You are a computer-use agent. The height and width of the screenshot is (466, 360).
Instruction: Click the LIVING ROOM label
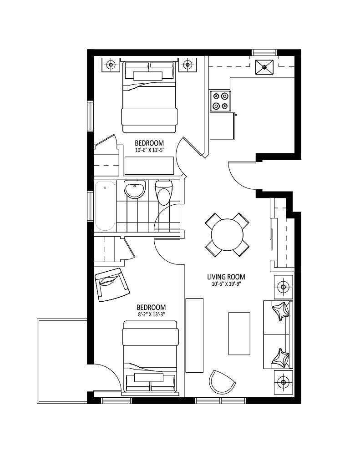click(226, 277)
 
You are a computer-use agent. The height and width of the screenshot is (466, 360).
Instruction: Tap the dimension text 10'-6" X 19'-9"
click(226, 284)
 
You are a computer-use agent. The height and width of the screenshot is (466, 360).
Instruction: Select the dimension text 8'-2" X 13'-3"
click(151, 314)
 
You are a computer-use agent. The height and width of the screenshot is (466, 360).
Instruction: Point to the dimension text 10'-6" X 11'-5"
click(150, 150)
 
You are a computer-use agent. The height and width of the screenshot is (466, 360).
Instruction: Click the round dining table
click(228, 235)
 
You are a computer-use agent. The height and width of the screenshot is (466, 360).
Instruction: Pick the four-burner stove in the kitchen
click(221, 101)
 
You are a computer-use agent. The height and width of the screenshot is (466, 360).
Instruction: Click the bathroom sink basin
click(135, 189)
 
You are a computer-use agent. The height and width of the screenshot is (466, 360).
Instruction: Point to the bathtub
click(105, 206)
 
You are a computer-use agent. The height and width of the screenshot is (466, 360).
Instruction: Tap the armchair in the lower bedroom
click(112, 285)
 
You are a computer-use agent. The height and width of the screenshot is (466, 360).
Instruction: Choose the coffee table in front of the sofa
click(239, 334)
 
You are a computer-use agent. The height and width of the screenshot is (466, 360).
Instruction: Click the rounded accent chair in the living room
click(222, 382)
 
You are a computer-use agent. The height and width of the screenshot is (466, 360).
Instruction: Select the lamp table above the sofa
click(283, 287)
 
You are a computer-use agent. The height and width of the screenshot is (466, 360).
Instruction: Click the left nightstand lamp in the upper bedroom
click(111, 65)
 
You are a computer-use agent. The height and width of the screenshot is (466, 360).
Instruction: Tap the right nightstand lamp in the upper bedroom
click(188, 65)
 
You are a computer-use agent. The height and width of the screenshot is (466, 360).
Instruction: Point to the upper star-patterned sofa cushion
click(281, 311)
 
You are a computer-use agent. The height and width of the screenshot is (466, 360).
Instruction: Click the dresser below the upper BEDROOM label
click(149, 166)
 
